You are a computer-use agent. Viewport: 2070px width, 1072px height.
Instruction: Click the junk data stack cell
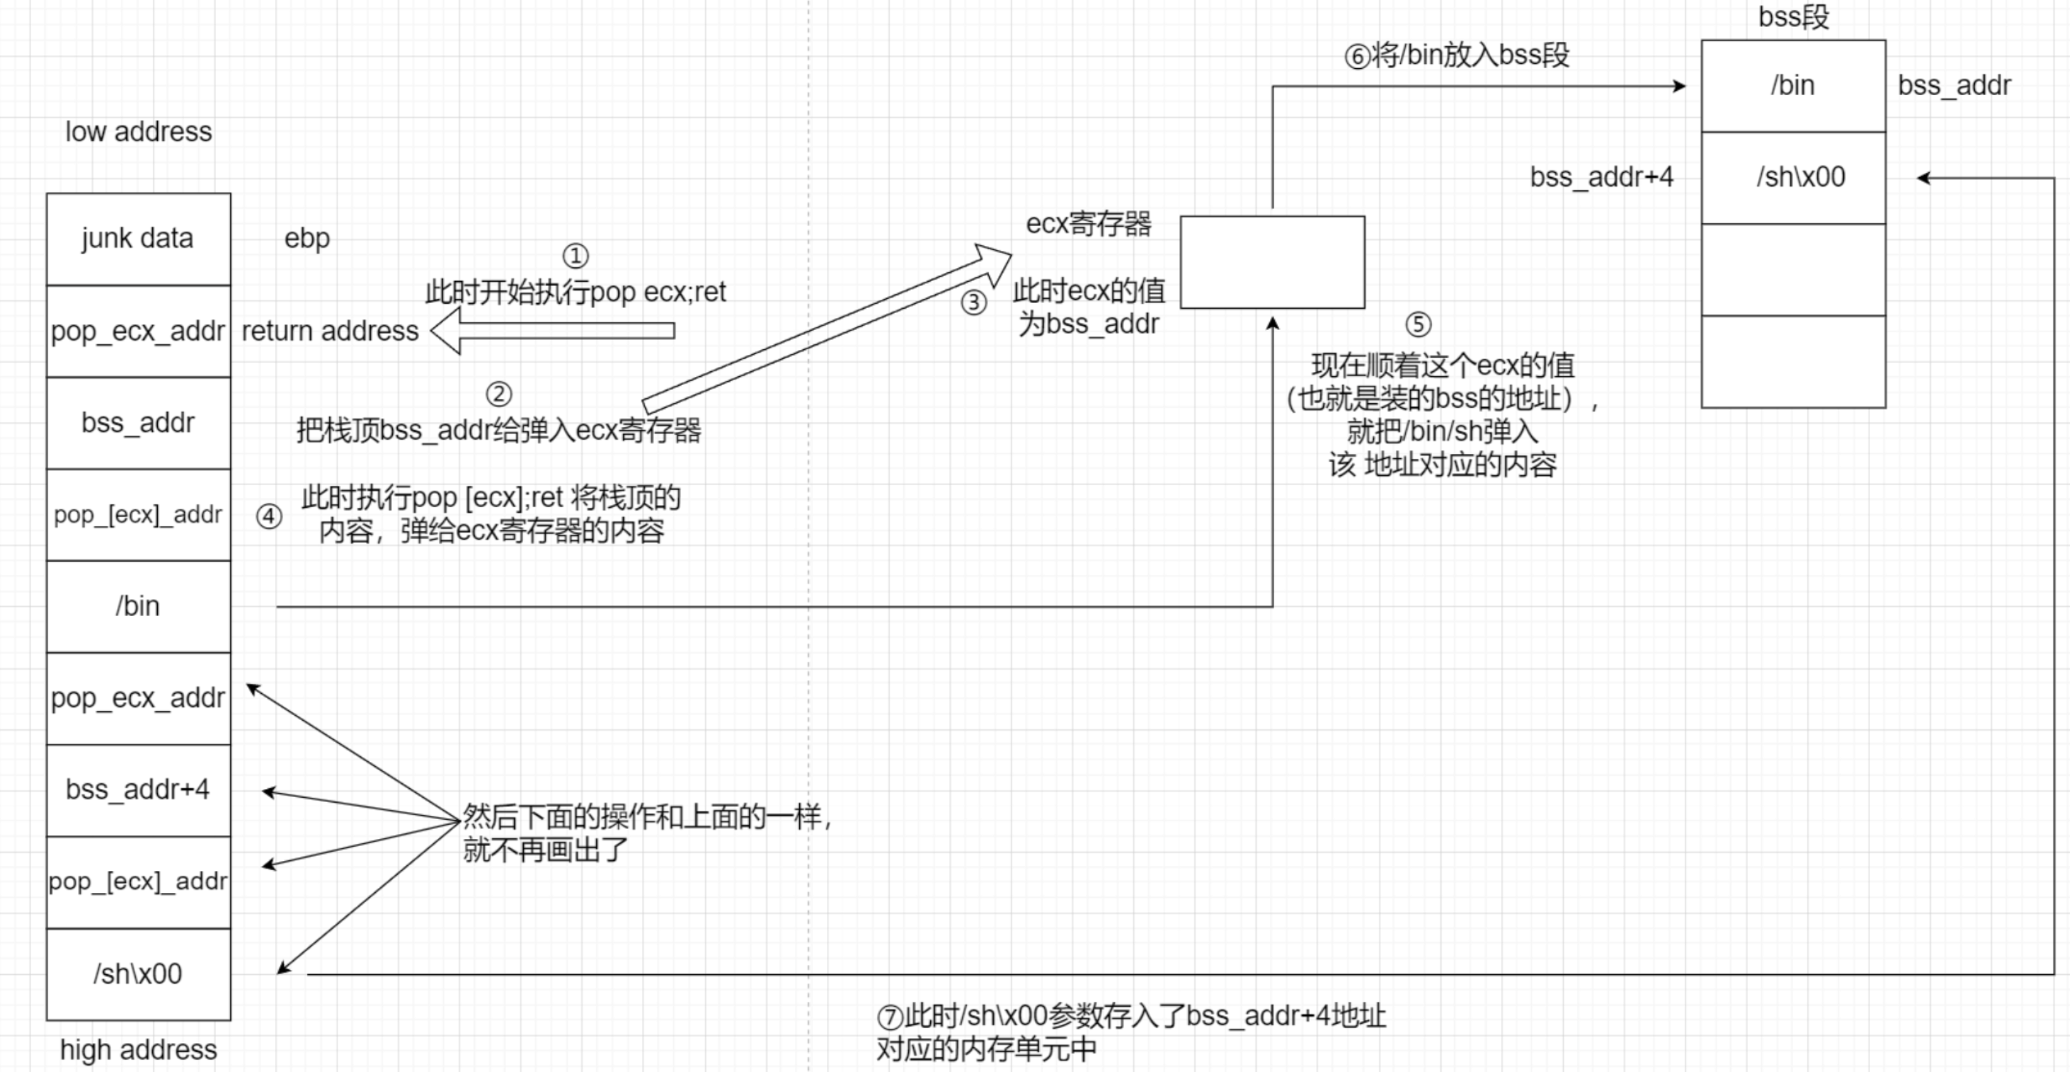(139, 238)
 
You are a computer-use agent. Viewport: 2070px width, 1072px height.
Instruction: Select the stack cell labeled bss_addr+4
(139, 790)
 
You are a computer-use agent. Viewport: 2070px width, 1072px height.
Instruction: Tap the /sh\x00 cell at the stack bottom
(139, 974)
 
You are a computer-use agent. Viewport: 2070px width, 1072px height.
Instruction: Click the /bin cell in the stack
(139, 606)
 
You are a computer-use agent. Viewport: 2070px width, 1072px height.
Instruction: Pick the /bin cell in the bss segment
(1793, 86)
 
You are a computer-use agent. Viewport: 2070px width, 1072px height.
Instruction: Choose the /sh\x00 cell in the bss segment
(1793, 178)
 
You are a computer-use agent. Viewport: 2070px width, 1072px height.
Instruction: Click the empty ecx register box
(1272, 262)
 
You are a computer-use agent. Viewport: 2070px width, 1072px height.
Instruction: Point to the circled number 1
(575, 256)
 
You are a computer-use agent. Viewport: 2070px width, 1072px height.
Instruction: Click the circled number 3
(974, 303)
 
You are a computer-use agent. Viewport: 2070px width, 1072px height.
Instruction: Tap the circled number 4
(269, 516)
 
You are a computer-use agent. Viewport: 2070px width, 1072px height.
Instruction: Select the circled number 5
(1418, 324)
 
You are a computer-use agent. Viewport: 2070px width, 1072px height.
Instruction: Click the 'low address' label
(139, 132)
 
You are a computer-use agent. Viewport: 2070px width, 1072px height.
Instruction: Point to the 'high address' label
(139, 1049)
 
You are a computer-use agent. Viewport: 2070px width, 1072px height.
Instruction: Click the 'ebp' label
(307, 238)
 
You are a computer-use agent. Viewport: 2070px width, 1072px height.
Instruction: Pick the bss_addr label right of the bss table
(1954, 86)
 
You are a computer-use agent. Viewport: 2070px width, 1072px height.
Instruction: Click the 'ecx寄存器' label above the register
(1089, 224)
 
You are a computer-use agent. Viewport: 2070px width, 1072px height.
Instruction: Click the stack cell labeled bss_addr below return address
(139, 423)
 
